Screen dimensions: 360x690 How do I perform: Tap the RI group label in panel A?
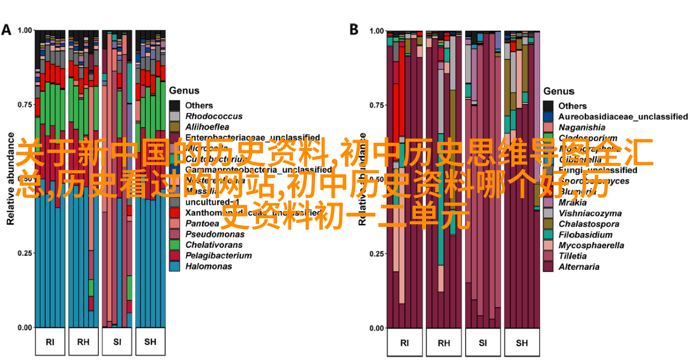click(50, 342)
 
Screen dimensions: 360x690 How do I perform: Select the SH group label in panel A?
click(150, 342)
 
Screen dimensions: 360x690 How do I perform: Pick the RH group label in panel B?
click(444, 343)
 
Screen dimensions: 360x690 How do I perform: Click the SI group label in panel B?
click(483, 343)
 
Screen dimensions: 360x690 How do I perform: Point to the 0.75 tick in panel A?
click(25, 104)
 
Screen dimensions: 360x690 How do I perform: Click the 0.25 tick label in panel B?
click(377, 254)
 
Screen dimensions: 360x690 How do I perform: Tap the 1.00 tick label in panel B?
click(377, 31)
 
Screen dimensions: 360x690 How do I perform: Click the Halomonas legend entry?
click(208, 266)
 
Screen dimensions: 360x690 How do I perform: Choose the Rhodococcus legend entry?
click(214, 116)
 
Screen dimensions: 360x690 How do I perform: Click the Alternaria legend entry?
click(579, 267)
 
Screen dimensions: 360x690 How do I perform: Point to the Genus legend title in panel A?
click(184, 91)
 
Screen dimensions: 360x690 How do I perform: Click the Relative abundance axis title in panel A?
click(10, 179)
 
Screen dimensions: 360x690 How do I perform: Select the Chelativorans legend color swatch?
click(174, 245)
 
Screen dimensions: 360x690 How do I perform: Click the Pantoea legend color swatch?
click(174, 223)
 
